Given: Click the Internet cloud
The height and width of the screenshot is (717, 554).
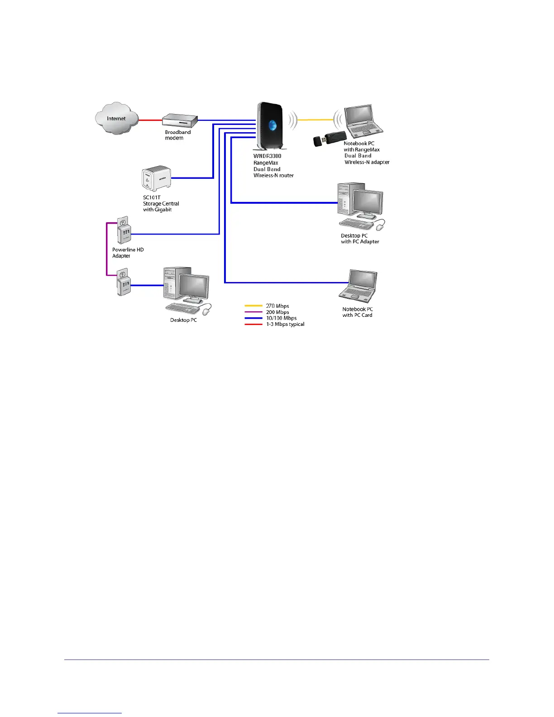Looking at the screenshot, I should click(116, 118).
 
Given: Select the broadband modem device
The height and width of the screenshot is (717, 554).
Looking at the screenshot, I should click(180, 120).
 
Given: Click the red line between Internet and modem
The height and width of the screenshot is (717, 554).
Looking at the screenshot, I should click(150, 120).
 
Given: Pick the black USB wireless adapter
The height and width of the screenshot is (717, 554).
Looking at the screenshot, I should click(330, 139).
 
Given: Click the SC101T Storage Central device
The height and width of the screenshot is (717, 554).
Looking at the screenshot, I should click(156, 178).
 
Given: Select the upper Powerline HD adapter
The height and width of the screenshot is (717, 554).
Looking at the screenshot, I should click(123, 231).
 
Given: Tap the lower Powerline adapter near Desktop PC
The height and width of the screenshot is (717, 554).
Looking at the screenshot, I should click(123, 282).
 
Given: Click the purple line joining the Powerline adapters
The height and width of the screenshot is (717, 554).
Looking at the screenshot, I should click(107, 249).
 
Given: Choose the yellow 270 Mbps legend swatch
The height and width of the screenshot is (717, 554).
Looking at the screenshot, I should click(253, 306).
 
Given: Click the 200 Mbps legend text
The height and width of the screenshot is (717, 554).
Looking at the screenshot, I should click(277, 312).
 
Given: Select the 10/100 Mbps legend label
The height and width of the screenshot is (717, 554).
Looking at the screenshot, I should click(281, 318).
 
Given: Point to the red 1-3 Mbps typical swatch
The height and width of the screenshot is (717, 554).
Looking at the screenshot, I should click(253, 325).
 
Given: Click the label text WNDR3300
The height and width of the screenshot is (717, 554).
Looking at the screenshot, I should click(267, 156).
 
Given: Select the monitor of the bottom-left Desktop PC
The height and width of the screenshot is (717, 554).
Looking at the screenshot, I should click(195, 286).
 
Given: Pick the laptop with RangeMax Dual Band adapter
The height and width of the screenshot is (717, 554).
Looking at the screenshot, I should click(363, 121).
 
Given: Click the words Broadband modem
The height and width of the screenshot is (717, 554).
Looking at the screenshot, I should click(177, 135).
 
